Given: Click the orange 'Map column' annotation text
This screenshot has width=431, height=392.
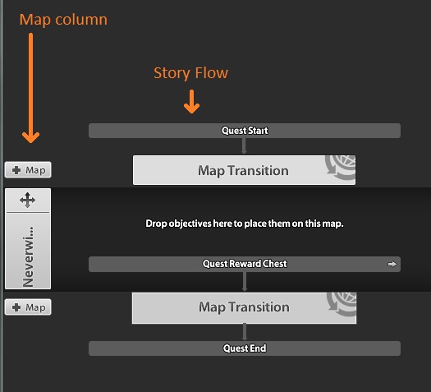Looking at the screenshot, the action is pyautogui.click(x=63, y=20).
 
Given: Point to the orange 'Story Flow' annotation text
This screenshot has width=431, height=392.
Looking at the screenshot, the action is pyautogui.click(x=190, y=73).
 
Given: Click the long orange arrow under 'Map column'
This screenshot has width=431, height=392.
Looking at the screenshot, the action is pyautogui.click(x=31, y=88).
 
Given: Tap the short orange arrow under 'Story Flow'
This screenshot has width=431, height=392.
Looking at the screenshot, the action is pyautogui.click(x=191, y=102).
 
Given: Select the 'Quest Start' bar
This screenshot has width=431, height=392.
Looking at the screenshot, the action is pyautogui.click(x=245, y=131).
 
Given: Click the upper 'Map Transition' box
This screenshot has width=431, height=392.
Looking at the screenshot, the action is pyautogui.click(x=244, y=170).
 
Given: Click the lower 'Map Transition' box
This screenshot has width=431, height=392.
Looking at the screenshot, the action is pyautogui.click(x=244, y=308).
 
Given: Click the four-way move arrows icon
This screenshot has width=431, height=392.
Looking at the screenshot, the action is pyautogui.click(x=27, y=200).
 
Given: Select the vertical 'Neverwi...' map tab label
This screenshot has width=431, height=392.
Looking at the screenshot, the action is pyautogui.click(x=28, y=256).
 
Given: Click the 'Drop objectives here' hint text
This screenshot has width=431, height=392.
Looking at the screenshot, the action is pyautogui.click(x=245, y=224).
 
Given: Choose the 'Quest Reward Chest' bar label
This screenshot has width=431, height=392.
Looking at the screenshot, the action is pyautogui.click(x=245, y=264).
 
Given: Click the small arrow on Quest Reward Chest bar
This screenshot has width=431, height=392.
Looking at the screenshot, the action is pyautogui.click(x=392, y=264).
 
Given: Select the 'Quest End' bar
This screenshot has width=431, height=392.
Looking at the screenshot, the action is pyautogui.click(x=245, y=348).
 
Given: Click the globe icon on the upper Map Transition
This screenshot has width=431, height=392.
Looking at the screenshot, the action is pyautogui.click(x=341, y=168).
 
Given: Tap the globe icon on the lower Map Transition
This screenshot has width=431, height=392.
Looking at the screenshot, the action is pyautogui.click(x=342, y=304).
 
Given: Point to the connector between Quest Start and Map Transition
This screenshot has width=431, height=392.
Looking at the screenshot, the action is pyautogui.click(x=244, y=146).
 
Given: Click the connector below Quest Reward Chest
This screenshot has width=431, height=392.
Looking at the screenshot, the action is pyautogui.click(x=245, y=282).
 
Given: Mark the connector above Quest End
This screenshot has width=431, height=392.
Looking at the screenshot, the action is pyautogui.click(x=245, y=332).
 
